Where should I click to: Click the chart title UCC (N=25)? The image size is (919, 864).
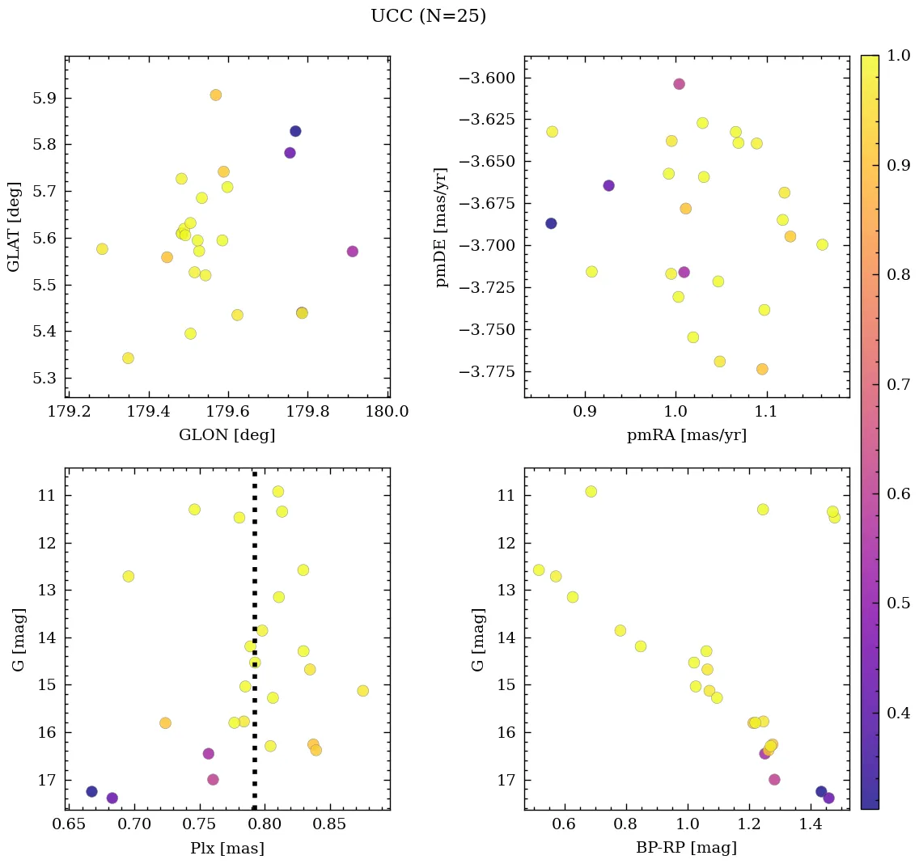pos(428,16)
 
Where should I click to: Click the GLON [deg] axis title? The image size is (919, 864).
pos(227,435)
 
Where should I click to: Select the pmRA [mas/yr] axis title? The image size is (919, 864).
pos(686,435)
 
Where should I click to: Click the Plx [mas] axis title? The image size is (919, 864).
pos(227,848)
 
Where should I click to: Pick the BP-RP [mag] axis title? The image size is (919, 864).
pos(686,848)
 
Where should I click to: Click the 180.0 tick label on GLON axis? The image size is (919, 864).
pos(388,411)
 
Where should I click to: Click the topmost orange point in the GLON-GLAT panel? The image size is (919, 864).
pos(215,95)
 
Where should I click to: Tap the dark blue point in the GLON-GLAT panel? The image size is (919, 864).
pos(295,131)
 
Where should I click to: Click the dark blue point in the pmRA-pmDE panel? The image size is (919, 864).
pos(551,223)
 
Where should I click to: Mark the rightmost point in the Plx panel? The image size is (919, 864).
pos(362,690)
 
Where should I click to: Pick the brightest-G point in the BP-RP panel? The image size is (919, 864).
pos(591,491)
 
